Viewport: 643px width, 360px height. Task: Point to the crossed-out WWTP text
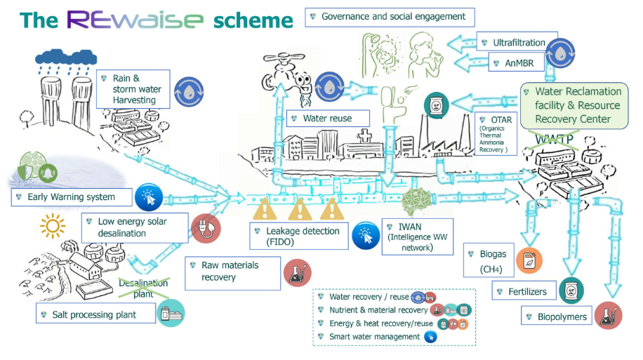[x=555, y=138]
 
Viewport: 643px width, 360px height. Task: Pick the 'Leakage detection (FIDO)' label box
[x=300, y=236]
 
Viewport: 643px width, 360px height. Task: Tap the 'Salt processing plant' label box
[x=95, y=314]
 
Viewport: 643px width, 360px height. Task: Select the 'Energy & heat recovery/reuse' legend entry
[x=378, y=324]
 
